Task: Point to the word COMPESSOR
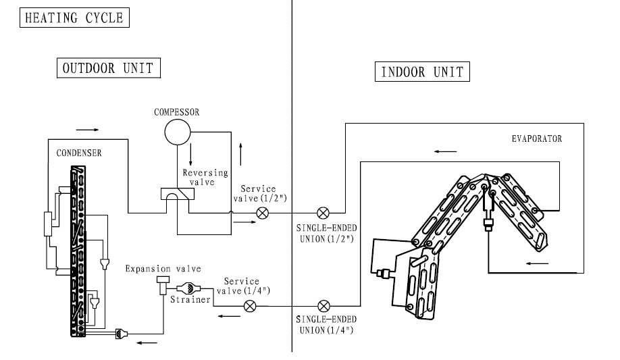pos(177,112)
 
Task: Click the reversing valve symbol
pos(178,194)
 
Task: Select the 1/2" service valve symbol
pos(263,213)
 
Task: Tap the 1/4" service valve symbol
pos(250,306)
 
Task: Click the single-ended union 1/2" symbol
pos(323,213)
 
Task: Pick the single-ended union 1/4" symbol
pos(324,306)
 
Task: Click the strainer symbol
pos(188,288)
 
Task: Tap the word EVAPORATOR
pos(536,139)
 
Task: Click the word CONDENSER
pos(79,153)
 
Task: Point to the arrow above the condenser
pos(87,130)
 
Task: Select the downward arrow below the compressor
pos(190,154)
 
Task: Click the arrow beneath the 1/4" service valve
pos(230,316)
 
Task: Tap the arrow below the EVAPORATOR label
pos(445,151)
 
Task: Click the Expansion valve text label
pos(163,269)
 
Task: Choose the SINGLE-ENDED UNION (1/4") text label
pos(326,325)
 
